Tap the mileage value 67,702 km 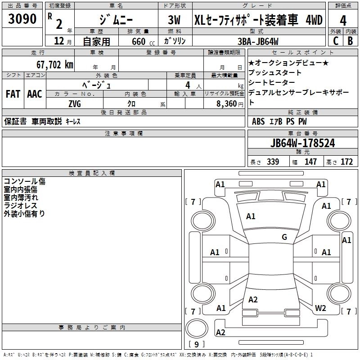(50, 64)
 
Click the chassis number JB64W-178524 (303, 144)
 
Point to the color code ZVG (74, 103)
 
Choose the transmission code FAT (13, 94)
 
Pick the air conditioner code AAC (35, 94)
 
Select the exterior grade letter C (336, 41)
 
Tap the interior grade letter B (351, 41)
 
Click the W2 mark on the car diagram (320, 308)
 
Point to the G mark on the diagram (284, 237)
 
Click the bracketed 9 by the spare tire (196, 344)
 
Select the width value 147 (310, 162)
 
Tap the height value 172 (346, 162)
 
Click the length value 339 (272, 162)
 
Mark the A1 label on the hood (251, 216)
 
